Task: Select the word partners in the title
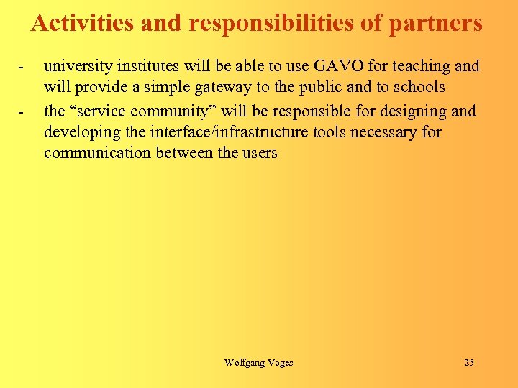(436, 24)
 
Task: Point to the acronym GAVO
(335, 67)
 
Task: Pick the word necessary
(383, 132)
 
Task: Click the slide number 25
(468, 363)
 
